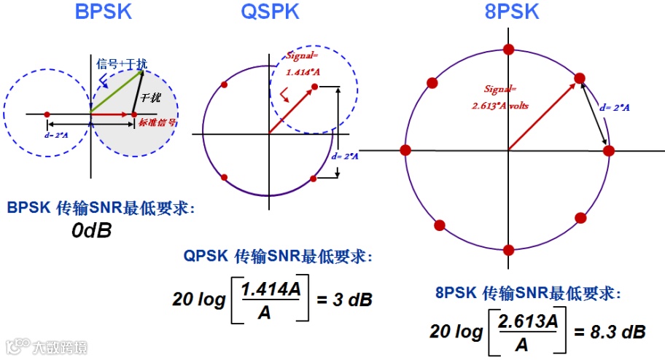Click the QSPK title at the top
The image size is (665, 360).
(x=270, y=12)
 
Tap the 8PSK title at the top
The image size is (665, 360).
(x=511, y=12)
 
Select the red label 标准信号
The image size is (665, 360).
(x=157, y=123)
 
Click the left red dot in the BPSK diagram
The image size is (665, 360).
(x=47, y=114)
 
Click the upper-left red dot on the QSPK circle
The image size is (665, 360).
(x=224, y=85)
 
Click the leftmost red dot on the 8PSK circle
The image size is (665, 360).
(x=406, y=150)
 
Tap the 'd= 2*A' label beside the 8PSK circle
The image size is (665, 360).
(x=614, y=108)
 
